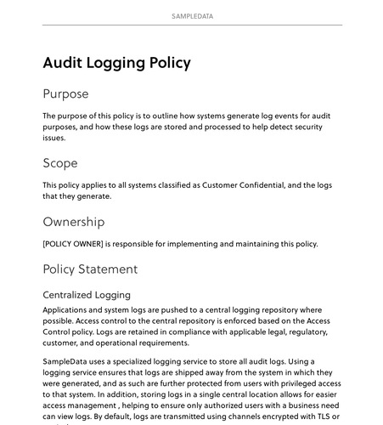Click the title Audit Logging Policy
116,63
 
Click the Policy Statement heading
89,269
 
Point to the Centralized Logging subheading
86,295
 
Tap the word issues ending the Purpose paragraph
54,138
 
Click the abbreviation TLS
320,417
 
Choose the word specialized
140,361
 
